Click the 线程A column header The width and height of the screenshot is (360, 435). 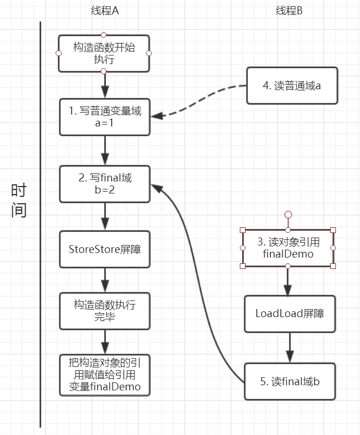tap(105, 11)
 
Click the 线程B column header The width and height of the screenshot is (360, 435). tap(289, 11)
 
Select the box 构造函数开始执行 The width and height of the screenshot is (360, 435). tap(104, 53)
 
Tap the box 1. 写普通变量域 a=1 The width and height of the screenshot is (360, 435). tap(105, 117)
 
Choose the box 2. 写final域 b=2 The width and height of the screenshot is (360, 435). tap(105, 184)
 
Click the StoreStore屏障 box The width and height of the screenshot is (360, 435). tap(105, 249)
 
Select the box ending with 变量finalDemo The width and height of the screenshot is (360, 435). tap(105, 375)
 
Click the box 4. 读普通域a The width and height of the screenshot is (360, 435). tap(292, 86)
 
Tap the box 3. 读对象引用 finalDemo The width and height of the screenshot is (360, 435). tap(288, 248)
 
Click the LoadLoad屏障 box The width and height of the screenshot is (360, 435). tap(289, 314)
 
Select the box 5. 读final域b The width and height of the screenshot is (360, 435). tap(290, 381)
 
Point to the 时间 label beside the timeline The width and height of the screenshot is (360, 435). tap(19, 200)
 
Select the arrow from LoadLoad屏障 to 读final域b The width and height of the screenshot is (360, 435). tap(289, 347)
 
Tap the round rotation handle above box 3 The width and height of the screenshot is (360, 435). tap(288, 215)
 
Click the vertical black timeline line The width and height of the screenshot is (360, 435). tap(41, 229)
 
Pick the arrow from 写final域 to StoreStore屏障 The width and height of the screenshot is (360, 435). tap(105, 216)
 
